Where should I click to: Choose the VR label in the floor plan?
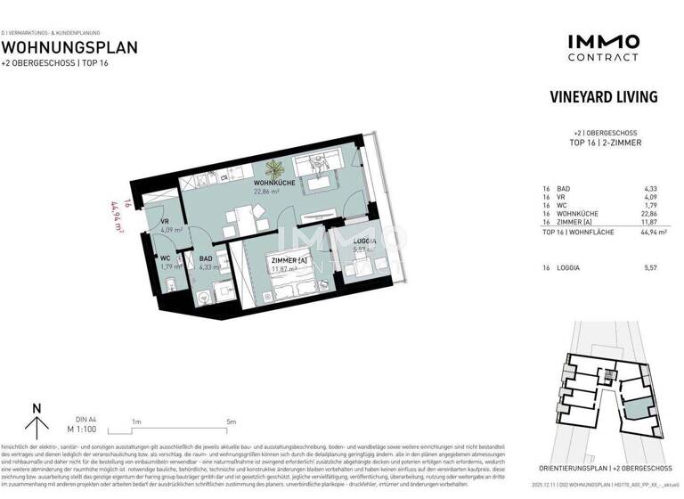coord(165,222)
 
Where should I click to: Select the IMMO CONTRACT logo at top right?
coord(603,47)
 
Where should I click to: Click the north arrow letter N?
coord(37,409)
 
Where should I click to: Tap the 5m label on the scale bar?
coord(232,421)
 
